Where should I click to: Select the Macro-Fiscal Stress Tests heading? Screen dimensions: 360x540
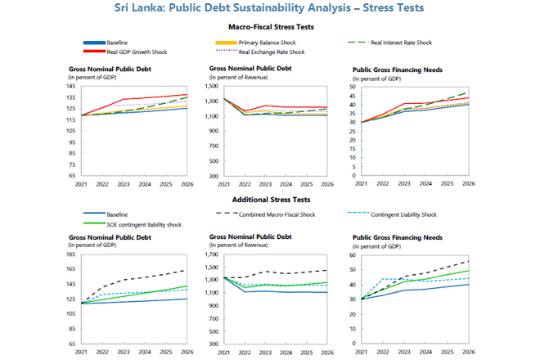[x=271, y=27]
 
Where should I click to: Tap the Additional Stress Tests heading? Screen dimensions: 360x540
[x=270, y=199]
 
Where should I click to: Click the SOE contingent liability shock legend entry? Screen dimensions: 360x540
[x=142, y=223]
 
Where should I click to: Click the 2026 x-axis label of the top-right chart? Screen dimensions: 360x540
[x=468, y=184]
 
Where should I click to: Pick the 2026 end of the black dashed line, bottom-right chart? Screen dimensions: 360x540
[x=468, y=261]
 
